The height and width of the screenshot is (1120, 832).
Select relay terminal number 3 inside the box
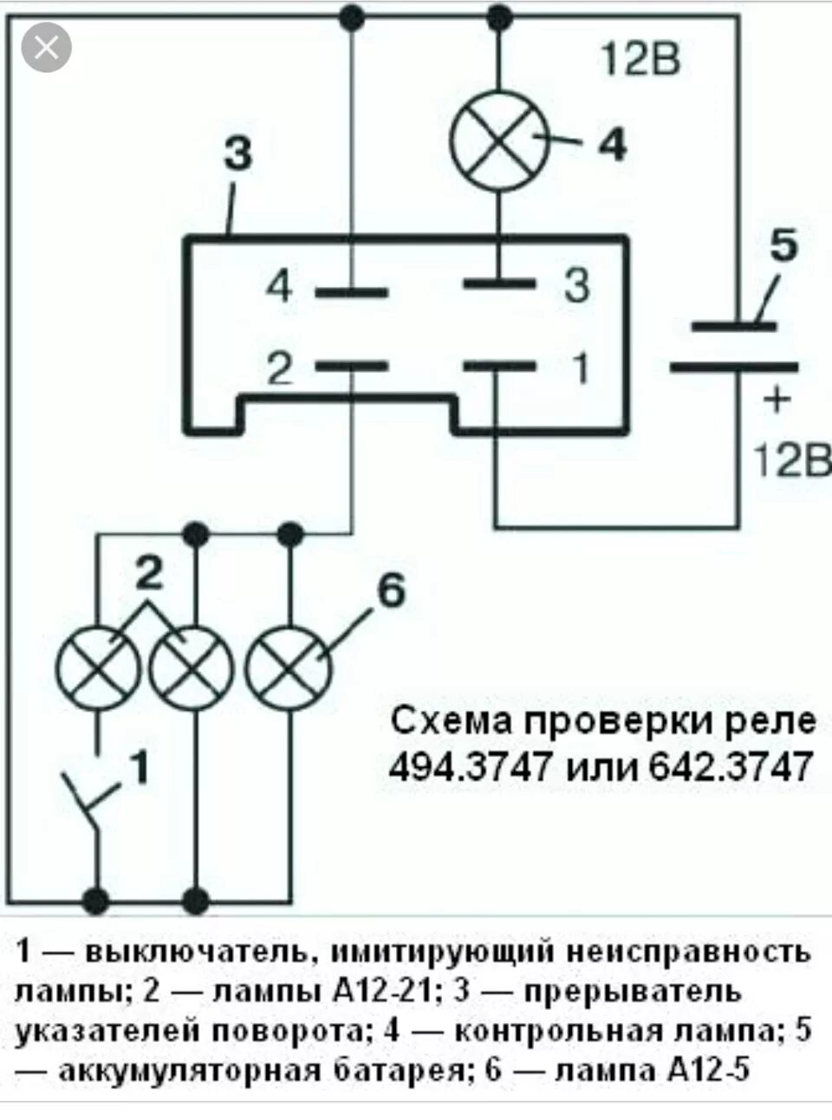pyautogui.click(x=576, y=284)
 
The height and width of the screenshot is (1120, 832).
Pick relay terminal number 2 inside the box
pyautogui.click(x=279, y=369)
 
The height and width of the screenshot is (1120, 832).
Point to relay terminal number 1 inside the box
pyautogui.click(x=580, y=368)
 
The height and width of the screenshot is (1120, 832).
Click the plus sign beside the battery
pyautogui.click(x=777, y=400)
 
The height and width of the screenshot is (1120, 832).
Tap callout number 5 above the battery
pyautogui.click(x=783, y=246)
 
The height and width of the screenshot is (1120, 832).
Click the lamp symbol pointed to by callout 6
pyautogui.click(x=289, y=667)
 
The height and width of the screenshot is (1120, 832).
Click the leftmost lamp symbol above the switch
pyautogui.click(x=98, y=668)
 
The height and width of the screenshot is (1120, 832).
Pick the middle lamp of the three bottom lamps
pyautogui.click(x=191, y=668)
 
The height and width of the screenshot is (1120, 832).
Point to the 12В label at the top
pyautogui.click(x=640, y=60)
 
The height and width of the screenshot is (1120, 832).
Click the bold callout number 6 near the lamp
pyautogui.click(x=391, y=592)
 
